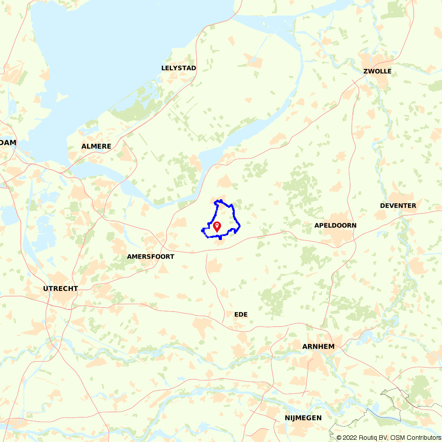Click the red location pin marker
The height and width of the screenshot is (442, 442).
tap(217, 226)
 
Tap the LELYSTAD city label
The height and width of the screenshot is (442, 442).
tap(179, 68)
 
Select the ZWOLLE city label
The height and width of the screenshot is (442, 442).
tap(377, 71)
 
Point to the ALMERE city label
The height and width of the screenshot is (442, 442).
tap(96, 146)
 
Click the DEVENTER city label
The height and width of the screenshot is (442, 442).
tap(398, 206)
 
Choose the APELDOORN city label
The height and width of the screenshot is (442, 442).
tap(335, 225)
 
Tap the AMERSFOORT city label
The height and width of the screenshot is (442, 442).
tap(150, 256)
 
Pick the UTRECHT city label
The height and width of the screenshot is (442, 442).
tap(61, 289)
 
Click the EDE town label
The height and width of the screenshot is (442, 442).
tap(241, 314)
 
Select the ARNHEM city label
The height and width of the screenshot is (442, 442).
tap(318, 347)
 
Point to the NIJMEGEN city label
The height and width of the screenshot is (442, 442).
tap(303, 418)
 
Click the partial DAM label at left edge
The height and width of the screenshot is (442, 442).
tap(8, 142)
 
